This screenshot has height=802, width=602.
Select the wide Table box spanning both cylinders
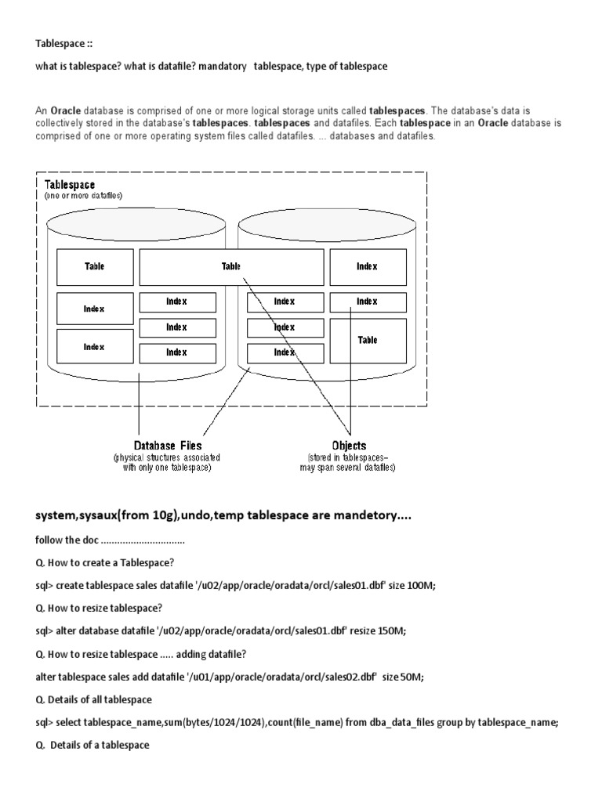click(x=231, y=266)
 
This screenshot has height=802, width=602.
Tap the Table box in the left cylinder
click(x=94, y=266)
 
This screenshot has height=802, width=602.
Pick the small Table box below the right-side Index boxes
click(x=367, y=341)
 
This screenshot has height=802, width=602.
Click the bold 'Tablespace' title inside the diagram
click(x=70, y=185)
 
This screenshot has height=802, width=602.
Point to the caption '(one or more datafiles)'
click(x=83, y=196)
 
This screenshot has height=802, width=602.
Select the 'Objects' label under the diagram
click(x=349, y=446)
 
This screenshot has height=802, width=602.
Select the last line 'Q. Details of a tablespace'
click(x=92, y=746)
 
